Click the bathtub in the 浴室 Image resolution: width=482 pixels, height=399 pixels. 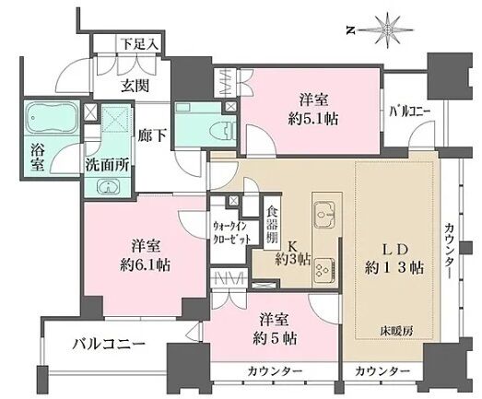click(x=52, y=118)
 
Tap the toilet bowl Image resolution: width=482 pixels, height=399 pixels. click(x=221, y=131)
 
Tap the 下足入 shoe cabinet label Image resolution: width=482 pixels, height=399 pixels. click(x=139, y=44)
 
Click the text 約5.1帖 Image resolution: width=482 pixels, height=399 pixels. click(x=313, y=118)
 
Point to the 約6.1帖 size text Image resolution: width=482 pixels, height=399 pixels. click(x=145, y=264)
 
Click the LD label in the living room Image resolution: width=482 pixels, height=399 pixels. click(x=394, y=250)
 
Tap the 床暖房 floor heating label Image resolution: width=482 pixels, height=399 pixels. click(x=397, y=331)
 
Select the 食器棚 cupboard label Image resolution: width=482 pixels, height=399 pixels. click(x=272, y=224)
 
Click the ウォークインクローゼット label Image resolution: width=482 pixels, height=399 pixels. click(x=232, y=233)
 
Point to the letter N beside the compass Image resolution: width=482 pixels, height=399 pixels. click(x=350, y=30)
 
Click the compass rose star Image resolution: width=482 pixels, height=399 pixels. click(x=387, y=29)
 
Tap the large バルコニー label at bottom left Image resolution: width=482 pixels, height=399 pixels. click(x=109, y=345)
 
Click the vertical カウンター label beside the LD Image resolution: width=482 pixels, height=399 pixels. click(x=450, y=252)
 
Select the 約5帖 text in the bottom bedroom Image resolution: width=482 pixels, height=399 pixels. click(x=275, y=339)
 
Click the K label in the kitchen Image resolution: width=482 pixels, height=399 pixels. click(x=292, y=246)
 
